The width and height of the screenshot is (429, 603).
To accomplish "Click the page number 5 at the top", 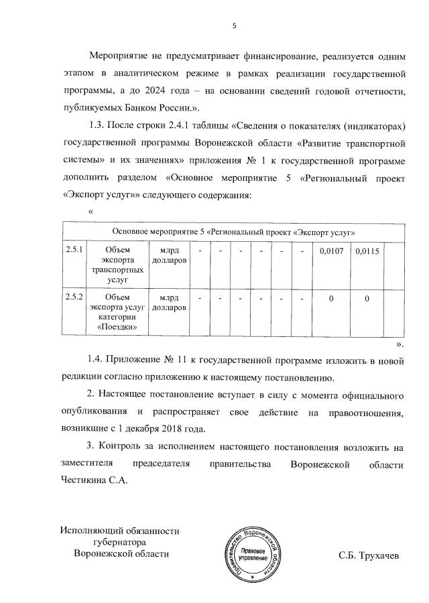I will click(234, 26).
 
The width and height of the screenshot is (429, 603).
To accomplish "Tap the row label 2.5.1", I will click(73, 251).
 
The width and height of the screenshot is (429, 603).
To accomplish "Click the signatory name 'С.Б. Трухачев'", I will click(369, 555).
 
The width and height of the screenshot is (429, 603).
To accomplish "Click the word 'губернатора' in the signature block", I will click(117, 543).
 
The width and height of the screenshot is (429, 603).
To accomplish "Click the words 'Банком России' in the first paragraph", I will click(169, 107).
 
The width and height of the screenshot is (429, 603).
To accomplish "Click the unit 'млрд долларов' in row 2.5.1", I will click(169, 256).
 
